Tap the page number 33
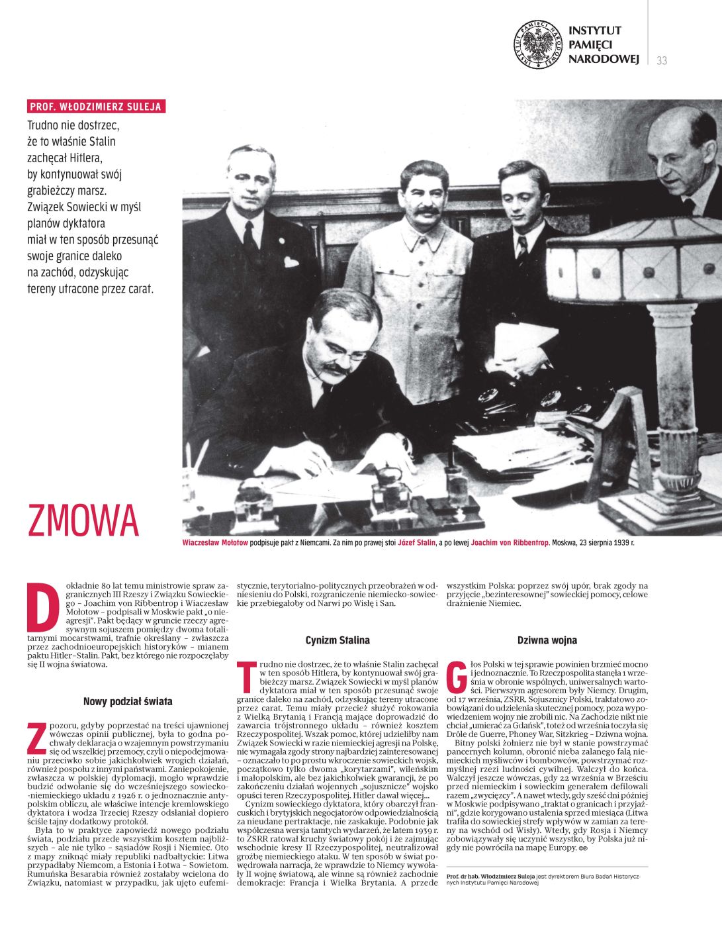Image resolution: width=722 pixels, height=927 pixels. point(662,61)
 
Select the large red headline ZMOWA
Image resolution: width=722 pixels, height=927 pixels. point(83,520)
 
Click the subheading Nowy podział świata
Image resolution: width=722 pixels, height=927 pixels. point(128,701)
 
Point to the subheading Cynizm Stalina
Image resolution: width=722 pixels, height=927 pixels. point(338,640)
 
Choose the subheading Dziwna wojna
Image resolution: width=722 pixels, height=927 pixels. point(547,640)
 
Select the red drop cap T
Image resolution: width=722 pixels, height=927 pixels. point(247,677)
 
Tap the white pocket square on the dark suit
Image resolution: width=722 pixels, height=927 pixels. point(291,262)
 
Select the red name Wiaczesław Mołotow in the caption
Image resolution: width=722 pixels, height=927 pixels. point(215,543)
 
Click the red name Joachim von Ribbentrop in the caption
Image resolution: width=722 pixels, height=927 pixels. point(510,543)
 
